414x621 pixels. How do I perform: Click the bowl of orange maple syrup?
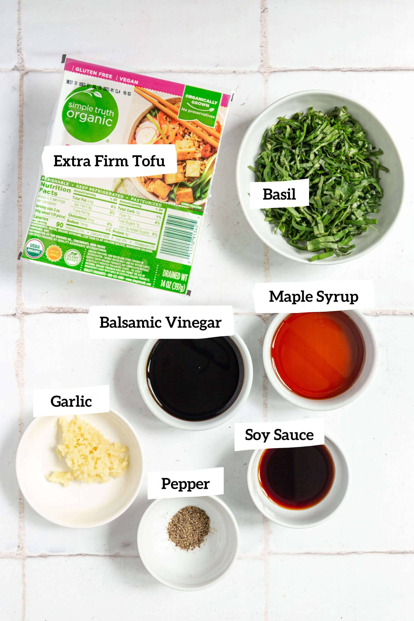pos(319,355)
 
